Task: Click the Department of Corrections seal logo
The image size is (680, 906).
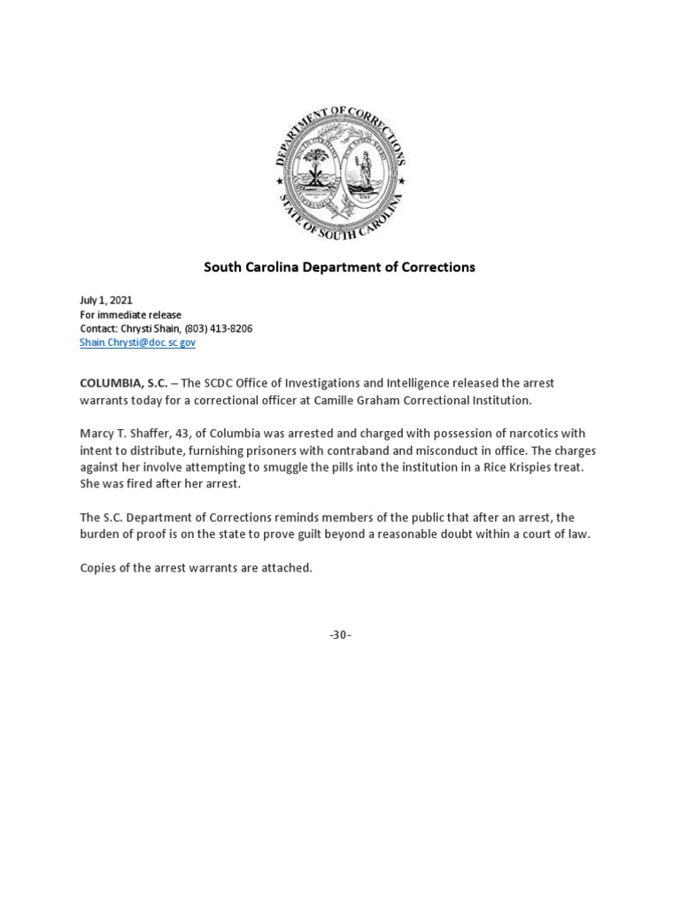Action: point(340,172)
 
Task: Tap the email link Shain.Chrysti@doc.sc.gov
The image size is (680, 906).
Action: point(137,342)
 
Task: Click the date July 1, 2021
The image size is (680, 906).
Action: point(105,301)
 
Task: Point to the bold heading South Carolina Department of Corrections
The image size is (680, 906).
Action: point(340,266)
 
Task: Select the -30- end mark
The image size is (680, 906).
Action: point(340,634)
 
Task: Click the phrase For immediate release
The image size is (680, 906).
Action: point(130,315)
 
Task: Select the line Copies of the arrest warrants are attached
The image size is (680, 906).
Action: point(196,567)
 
